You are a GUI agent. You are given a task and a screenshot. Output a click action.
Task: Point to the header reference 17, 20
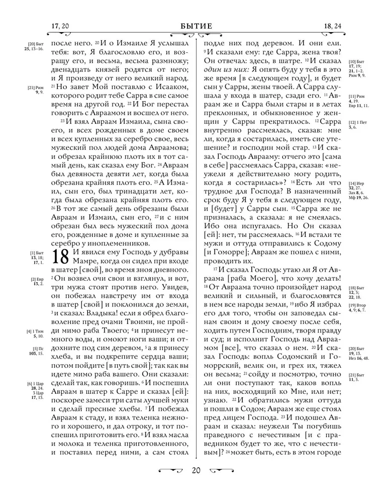click(x=60, y=26)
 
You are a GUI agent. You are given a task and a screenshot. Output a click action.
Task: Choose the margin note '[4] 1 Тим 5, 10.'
click(x=36, y=334)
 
